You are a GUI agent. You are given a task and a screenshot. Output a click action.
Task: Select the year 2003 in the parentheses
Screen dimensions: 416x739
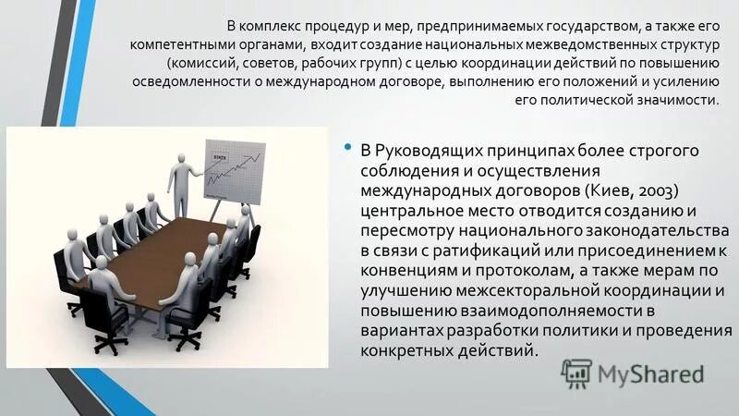pyautogui.click(x=661, y=190)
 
